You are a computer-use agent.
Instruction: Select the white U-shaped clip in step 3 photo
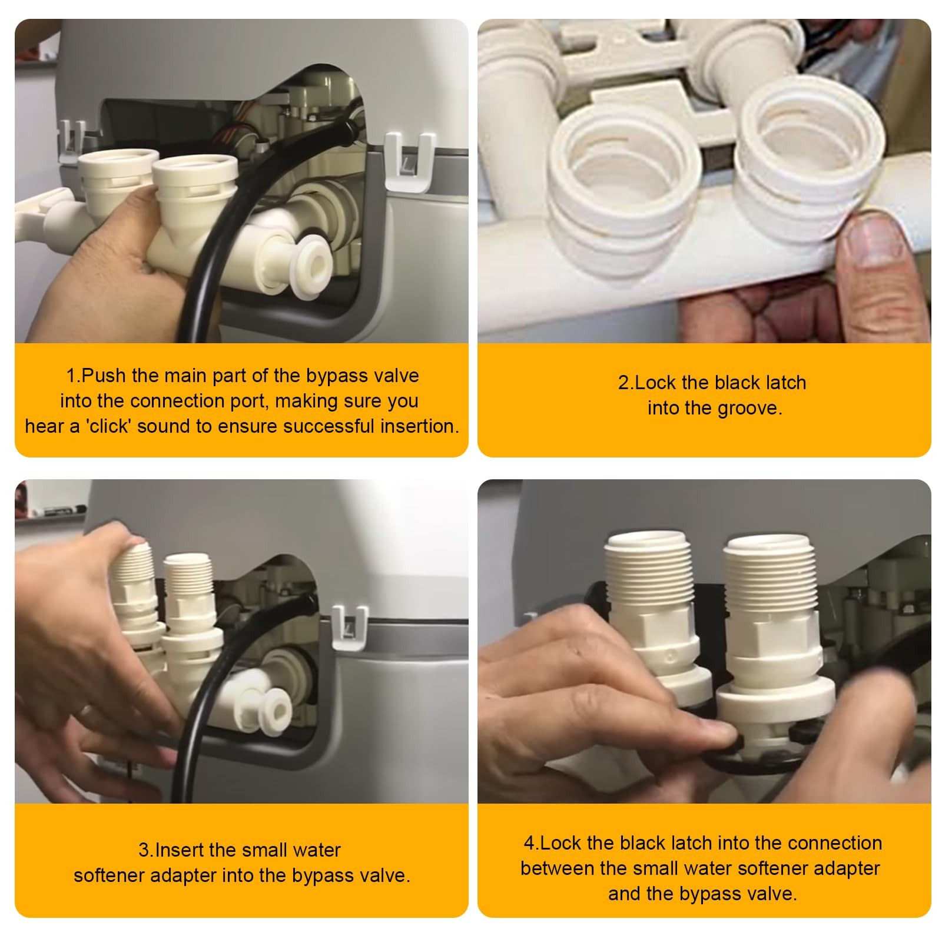350,627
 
